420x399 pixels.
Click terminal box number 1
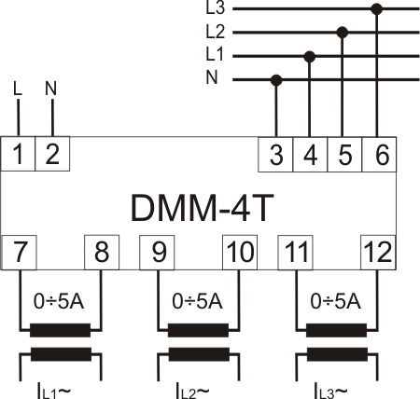point(18,154)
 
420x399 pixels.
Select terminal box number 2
point(52,154)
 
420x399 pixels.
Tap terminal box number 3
point(275,155)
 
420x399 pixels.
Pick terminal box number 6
point(379,155)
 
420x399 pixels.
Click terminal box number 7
point(20,253)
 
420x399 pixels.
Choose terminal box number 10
point(240,253)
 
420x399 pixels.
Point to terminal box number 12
point(378,253)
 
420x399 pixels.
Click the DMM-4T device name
point(203,208)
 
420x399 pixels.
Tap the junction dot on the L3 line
point(377,9)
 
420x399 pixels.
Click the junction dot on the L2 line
point(343,32)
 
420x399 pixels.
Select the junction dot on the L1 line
point(309,57)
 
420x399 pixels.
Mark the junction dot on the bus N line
point(276,80)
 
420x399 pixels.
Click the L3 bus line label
point(215,8)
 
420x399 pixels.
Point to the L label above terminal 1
point(18,89)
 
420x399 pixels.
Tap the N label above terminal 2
point(51,89)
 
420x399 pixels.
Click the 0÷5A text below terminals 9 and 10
point(197,301)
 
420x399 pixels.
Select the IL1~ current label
point(54,391)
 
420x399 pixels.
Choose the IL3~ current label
point(330,391)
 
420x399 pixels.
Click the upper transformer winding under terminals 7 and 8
point(60,330)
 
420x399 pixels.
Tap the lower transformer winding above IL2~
point(199,354)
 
